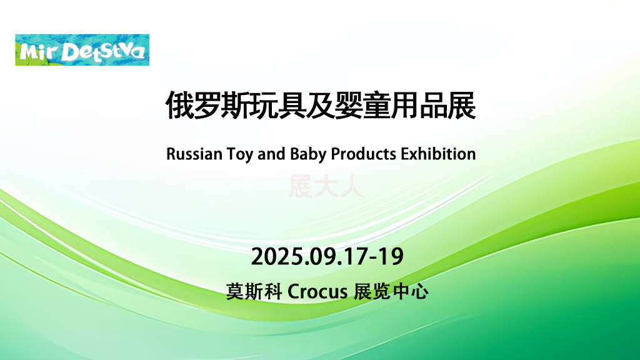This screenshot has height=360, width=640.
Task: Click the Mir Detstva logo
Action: tap(82, 50)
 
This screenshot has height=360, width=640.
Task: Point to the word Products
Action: tap(363, 154)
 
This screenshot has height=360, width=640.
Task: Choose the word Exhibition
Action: tap(438, 154)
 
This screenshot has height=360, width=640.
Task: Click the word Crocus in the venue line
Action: tap(317, 292)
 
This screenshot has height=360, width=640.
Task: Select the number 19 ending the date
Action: tap(390, 257)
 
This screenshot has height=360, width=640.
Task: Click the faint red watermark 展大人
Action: tap(326, 187)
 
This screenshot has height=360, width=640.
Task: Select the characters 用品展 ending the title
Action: tap(433, 105)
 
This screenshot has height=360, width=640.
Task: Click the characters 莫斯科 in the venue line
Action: tap(254, 292)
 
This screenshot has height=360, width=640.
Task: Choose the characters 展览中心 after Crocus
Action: tap(391, 292)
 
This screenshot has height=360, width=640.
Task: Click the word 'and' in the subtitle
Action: tap(271, 154)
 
